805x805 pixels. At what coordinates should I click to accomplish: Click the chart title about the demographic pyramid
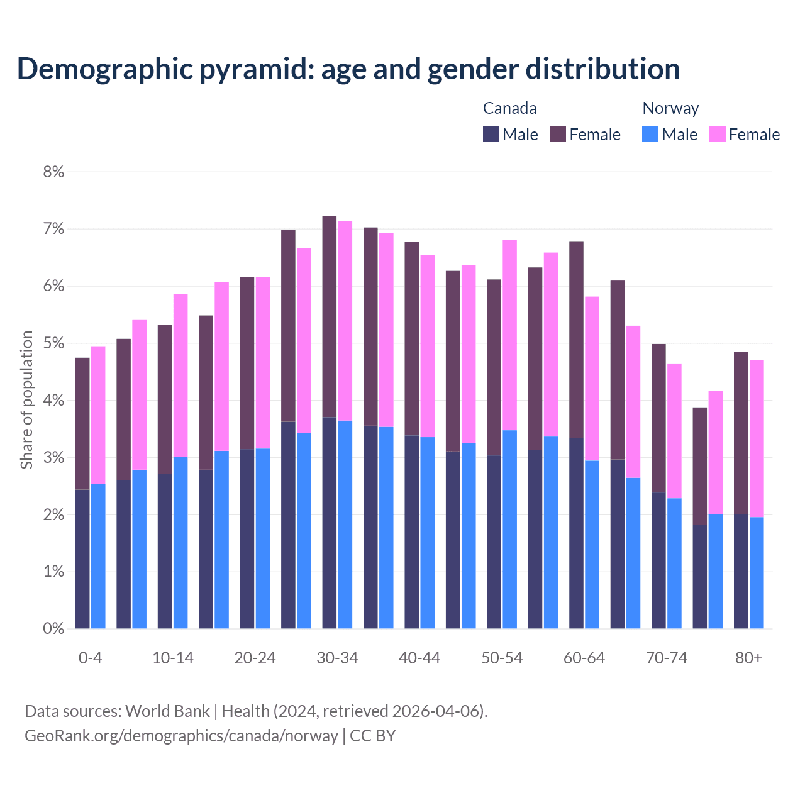(348, 69)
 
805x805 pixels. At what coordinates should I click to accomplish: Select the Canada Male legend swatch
(491, 134)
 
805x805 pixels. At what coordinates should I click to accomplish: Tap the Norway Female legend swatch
(717, 134)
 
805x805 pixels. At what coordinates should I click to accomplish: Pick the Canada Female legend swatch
(558, 134)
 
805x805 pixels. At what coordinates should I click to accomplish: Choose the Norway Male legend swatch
(650, 134)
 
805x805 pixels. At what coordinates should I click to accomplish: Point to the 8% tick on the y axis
(53, 172)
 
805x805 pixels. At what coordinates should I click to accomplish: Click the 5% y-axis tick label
(53, 343)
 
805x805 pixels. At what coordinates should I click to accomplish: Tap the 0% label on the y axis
(53, 629)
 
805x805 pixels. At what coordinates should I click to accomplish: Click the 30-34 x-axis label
(337, 658)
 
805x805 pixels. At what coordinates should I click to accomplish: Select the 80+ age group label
(748, 658)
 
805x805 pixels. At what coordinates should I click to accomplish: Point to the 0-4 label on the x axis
(90, 658)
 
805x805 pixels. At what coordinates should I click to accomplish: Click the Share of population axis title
(26, 400)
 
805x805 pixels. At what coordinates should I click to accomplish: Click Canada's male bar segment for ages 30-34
(330, 522)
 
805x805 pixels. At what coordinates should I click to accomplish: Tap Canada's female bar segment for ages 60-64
(576, 340)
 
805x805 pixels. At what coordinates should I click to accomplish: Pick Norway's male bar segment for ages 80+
(757, 572)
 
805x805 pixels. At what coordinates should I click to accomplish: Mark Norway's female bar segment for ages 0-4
(98, 415)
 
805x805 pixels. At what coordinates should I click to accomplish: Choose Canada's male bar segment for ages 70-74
(658, 560)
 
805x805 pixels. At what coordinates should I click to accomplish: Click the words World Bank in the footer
(167, 711)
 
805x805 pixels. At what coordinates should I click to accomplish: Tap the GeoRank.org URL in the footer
(181, 736)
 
